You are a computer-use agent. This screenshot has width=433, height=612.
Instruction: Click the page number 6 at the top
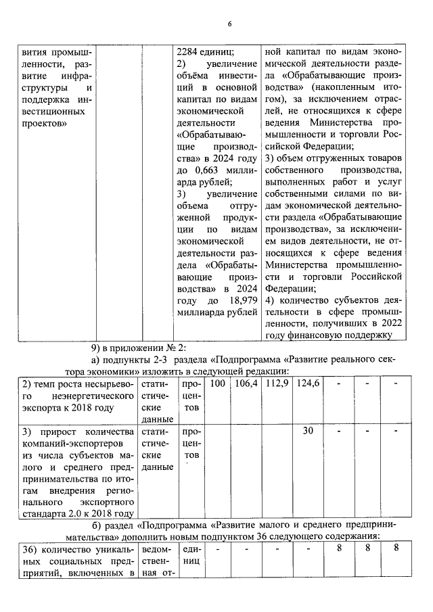point(229,24)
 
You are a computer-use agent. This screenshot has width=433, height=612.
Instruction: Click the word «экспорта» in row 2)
point(42,408)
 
